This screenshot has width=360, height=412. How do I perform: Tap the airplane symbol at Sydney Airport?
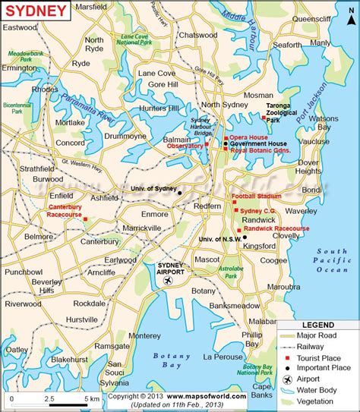point(169,281)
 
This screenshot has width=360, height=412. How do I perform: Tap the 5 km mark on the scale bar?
point(90,399)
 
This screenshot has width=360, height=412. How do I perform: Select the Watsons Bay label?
point(332,123)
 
